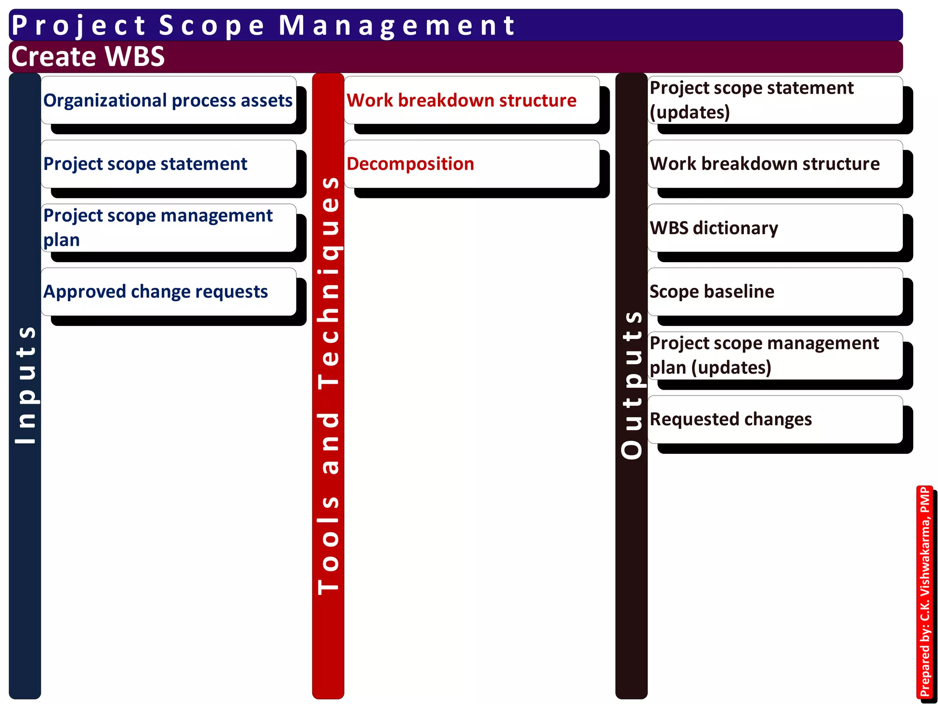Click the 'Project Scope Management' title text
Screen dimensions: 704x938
[263, 25]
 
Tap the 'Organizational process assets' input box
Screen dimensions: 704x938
[168, 100]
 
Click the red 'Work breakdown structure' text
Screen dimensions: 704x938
[461, 100]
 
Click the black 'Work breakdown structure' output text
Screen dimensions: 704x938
[764, 164]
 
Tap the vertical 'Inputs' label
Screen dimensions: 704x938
[25, 385]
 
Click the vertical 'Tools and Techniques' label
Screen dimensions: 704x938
[328, 385]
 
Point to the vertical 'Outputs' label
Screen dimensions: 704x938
[632, 385]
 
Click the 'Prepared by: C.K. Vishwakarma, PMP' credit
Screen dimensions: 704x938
[925, 591]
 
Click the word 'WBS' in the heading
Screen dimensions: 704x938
[135, 56]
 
